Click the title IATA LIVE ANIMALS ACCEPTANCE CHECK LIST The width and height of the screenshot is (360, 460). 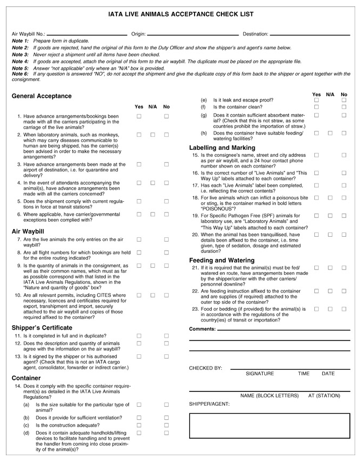tap(181, 14)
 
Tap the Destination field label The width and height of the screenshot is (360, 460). tap(255, 34)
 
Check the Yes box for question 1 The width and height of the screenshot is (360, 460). tap(139, 116)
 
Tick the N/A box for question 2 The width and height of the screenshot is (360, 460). tap(153, 135)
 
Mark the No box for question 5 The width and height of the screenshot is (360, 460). tap(167, 201)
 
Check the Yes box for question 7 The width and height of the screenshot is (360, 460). tap(139, 239)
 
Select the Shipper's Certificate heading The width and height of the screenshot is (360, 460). tap(42, 327)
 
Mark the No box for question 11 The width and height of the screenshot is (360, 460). tap(167, 335)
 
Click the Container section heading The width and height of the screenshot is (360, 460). tap(26, 378)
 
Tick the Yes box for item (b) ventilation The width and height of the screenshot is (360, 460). tap(139, 417)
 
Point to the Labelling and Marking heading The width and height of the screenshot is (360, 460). tap(222, 148)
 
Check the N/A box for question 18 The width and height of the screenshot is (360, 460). tap(330, 198)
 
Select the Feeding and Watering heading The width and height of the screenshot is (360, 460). tap(221, 260)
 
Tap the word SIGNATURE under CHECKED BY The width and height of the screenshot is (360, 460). tap(260, 374)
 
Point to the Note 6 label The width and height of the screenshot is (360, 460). tap(20, 74)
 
